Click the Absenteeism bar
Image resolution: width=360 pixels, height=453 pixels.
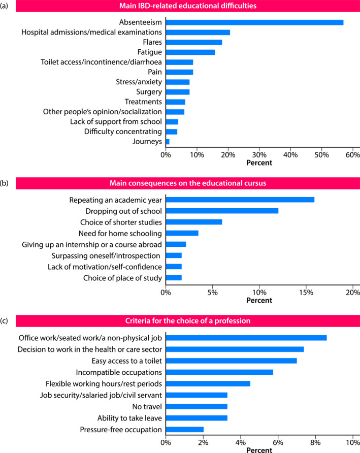[254, 22]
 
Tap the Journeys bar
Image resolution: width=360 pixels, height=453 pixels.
[168, 141]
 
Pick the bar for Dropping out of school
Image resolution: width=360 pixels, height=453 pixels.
[222, 210]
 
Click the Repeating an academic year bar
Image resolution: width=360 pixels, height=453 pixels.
[240, 199]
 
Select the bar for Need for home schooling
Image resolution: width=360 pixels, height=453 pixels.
[182, 233]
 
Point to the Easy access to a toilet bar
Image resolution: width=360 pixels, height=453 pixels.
[231, 361]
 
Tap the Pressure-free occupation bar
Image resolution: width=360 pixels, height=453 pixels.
[184, 430]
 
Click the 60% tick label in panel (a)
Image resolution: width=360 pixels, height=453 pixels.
[352, 154]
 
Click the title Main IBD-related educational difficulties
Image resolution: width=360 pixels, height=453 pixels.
[187, 7]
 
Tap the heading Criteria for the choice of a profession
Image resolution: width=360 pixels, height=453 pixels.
[187, 321]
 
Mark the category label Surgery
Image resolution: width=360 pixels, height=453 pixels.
[149, 92]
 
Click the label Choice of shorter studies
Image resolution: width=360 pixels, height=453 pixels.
[121, 222]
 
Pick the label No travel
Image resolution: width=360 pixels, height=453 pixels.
[148, 407]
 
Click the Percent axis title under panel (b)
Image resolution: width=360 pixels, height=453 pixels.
[259, 300]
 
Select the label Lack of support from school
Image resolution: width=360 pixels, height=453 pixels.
[116, 121]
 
